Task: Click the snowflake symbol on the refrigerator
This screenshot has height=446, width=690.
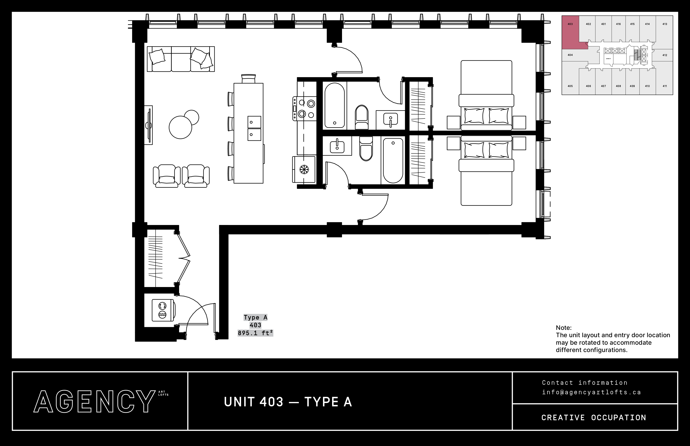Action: (304, 169)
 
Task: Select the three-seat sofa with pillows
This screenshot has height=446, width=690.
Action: (181, 59)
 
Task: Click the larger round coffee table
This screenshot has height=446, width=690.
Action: (180, 127)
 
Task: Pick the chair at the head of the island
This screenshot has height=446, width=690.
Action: (249, 79)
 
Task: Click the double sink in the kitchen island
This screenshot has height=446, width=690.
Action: (254, 128)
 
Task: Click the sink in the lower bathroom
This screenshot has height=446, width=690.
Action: (337, 146)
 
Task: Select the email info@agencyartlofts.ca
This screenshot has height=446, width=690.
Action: (591, 392)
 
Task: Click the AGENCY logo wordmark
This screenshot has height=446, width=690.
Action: (94, 401)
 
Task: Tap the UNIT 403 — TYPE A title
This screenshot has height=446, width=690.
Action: (288, 402)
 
